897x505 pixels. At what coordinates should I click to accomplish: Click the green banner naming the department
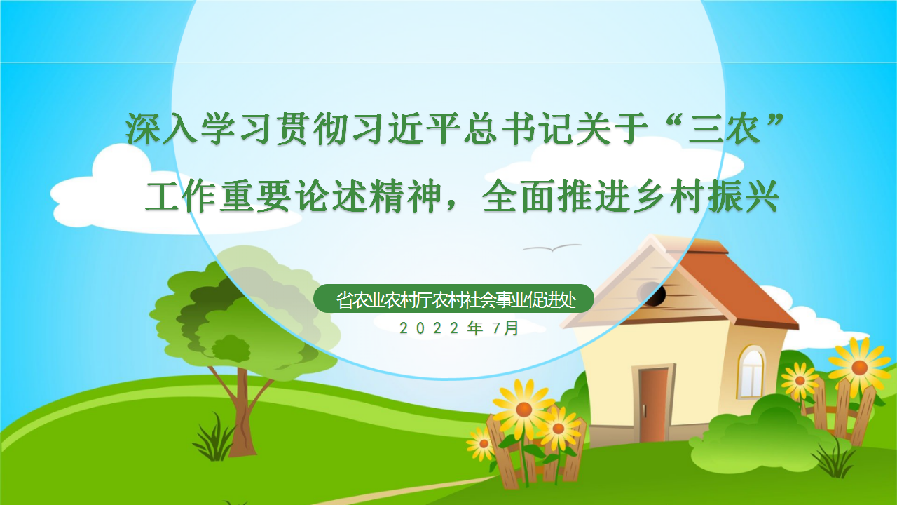[x=453, y=299]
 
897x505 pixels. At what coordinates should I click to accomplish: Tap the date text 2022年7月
[x=459, y=328]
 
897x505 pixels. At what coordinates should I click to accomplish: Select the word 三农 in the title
[x=724, y=128]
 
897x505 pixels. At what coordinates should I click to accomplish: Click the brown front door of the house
[x=653, y=405]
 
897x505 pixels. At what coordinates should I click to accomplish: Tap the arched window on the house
[x=752, y=371]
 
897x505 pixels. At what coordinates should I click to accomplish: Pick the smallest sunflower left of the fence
[x=482, y=443]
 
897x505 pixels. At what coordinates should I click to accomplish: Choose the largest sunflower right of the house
[x=858, y=366]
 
